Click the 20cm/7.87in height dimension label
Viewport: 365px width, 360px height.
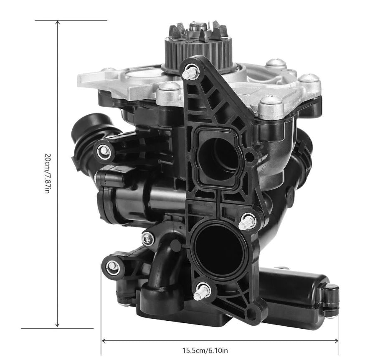[x=47, y=174]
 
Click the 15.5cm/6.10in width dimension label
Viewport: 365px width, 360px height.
[x=205, y=350]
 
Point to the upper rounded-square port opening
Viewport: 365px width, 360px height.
[x=217, y=159]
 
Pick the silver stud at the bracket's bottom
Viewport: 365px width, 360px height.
[x=202, y=292]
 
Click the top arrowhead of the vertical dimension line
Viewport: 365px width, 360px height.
[x=58, y=23]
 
